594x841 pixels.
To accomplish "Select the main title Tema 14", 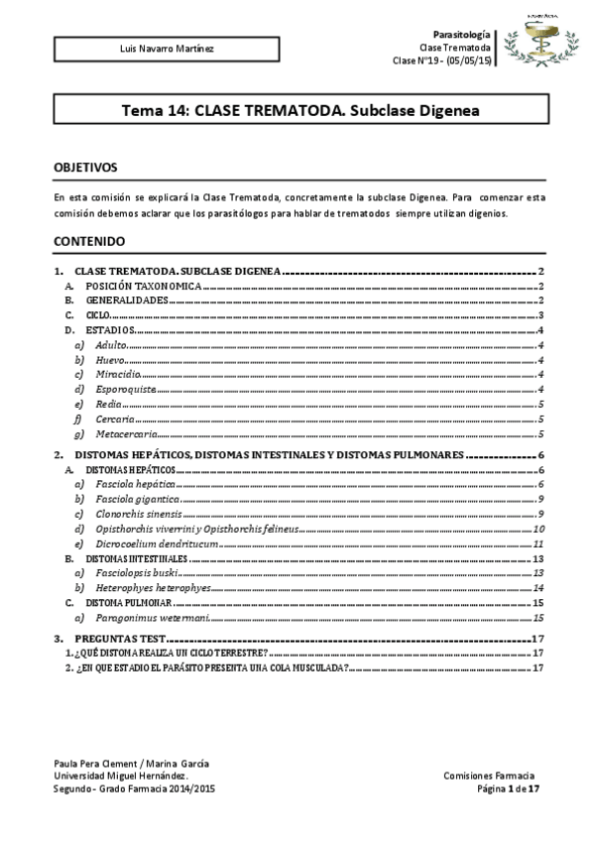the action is pos(299,111).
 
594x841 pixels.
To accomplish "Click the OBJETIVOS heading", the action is pos(85,169).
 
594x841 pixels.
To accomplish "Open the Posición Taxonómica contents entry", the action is pos(143,286).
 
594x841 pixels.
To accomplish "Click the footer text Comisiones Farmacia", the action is pos(490,775).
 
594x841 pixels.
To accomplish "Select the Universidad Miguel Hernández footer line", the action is pos(120,775).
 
